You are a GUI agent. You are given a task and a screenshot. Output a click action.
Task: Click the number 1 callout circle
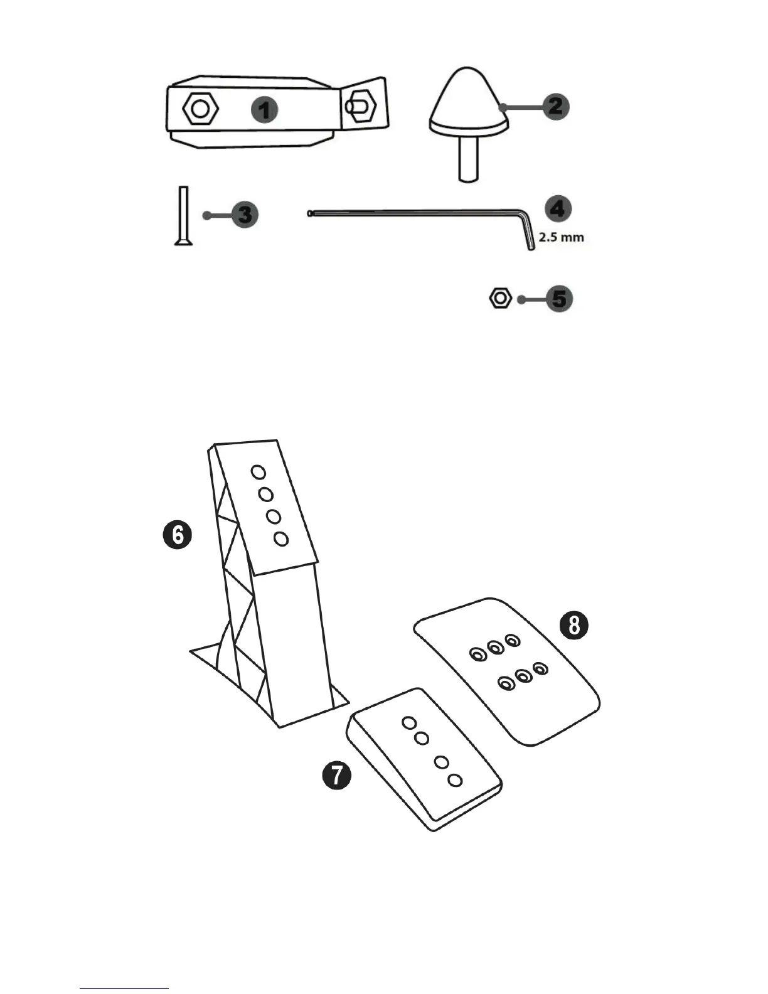coord(265,110)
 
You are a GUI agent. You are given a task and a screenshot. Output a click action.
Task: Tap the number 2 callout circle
coord(555,106)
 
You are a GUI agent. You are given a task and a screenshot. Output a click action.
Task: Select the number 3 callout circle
coord(245,215)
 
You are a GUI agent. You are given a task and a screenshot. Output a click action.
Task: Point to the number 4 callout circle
coord(558,208)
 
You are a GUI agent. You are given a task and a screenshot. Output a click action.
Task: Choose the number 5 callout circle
coord(558,299)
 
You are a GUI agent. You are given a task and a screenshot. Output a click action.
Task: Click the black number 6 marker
coord(177,536)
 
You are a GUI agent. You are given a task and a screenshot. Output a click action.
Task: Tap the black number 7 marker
coord(337,776)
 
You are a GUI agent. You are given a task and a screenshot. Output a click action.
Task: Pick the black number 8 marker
coord(573,626)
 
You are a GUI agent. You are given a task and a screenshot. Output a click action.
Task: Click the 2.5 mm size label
coord(562,238)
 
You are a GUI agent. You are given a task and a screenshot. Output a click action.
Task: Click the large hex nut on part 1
coord(200,109)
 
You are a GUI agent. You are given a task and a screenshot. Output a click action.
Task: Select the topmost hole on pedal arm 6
coord(257,471)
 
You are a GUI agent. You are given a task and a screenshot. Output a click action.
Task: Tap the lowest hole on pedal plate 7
coord(456,780)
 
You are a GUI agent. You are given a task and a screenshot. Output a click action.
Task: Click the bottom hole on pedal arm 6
coord(281,538)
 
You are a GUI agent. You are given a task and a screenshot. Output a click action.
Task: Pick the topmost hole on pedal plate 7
coord(408,722)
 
